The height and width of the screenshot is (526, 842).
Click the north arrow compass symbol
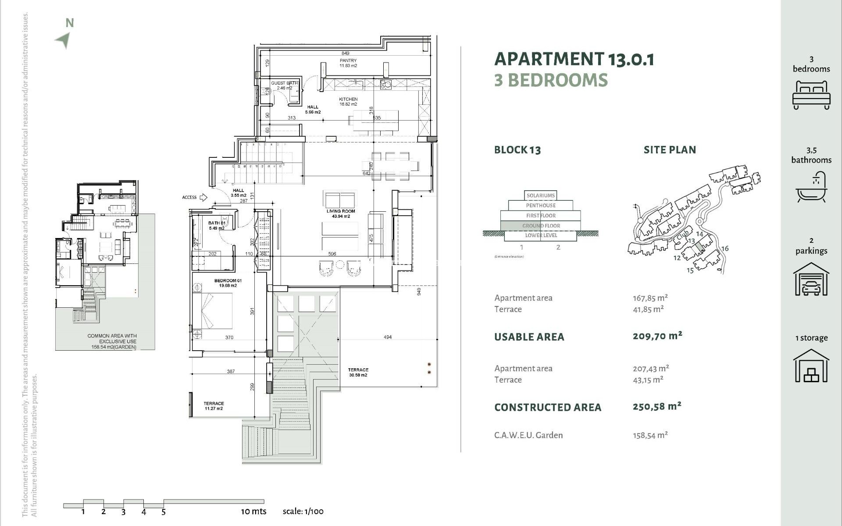(64, 40)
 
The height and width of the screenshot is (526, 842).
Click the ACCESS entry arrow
(203, 197)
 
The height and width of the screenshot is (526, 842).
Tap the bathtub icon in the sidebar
(811, 187)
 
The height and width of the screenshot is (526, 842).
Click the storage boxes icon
(811, 366)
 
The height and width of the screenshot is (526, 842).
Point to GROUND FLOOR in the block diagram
(541, 226)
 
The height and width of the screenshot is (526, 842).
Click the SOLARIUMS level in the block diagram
(540, 195)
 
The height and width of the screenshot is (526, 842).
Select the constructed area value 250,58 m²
(656, 406)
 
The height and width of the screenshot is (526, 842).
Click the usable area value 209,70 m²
(657, 336)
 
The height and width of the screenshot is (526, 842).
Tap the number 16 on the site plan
(724, 249)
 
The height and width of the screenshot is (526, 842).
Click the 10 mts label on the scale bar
(253, 511)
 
